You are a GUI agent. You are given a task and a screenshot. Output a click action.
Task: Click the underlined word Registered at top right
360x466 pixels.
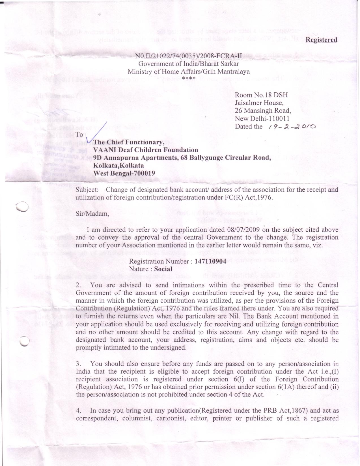click(322, 40)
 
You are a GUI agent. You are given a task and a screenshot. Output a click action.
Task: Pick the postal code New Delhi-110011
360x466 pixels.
click(262, 119)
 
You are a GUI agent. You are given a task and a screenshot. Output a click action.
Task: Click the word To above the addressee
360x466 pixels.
click(79, 135)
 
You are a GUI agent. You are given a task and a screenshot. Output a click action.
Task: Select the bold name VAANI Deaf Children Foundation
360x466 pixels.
click(146, 150)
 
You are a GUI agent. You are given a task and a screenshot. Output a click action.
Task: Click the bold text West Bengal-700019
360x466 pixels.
click(124, 173)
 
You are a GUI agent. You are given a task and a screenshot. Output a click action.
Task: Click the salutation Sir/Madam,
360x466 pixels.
click(92, 214)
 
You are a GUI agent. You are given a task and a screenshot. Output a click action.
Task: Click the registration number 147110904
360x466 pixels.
click(210, 261)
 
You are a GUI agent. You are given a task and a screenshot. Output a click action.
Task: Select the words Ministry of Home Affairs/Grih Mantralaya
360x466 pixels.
click(189, 71)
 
